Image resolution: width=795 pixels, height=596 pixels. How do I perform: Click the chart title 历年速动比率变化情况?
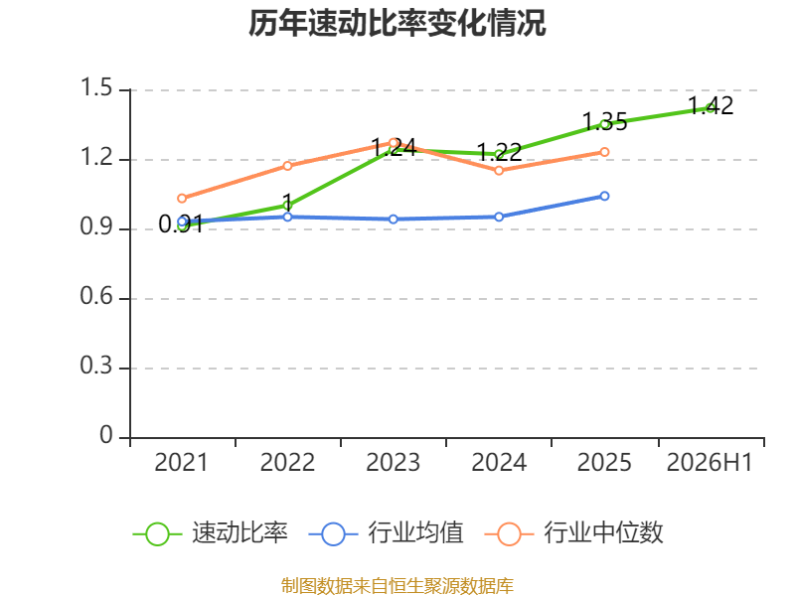pos(397,23)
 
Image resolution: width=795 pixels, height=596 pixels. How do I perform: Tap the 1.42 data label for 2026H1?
pos(711,106)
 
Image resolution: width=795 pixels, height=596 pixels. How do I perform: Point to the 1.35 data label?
pos(604,122)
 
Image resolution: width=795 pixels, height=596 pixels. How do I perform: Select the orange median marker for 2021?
pos(182,198)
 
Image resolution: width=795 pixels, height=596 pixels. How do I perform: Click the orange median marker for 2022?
pos(287,166)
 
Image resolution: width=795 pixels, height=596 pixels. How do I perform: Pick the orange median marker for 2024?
pos(499,170)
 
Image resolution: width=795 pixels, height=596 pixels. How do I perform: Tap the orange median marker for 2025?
pos(604,152)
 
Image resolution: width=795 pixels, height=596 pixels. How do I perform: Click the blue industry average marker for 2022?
pos(287,217)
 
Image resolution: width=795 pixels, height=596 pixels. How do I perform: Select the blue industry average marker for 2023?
pos(394,219)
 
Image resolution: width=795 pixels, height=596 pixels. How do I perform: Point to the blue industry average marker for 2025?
pos(604,196)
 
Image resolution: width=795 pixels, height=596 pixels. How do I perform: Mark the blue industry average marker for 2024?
pos(499,217)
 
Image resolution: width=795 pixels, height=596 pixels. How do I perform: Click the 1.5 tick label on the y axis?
pos(96,87)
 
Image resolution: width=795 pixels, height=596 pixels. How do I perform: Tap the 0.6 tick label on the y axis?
pos(96,296)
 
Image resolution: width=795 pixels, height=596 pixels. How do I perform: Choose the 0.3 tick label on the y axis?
pos(96,366)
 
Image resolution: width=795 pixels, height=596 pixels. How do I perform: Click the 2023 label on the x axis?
pos(393,462)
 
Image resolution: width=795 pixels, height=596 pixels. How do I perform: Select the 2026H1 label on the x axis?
pos(710,462)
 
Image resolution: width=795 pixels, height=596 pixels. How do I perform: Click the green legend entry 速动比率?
pos(211,533)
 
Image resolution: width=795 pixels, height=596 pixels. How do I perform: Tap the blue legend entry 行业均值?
pos(387,533)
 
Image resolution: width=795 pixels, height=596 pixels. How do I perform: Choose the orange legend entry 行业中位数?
pos(574,533)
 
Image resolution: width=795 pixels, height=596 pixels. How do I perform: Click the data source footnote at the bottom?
pos(397,586)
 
